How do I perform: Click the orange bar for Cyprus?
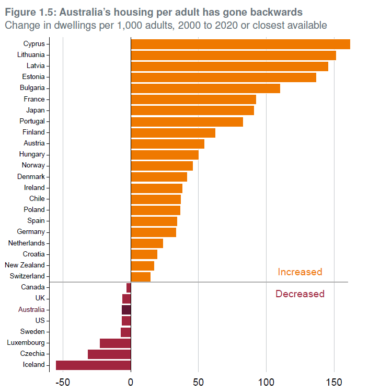click(x=240, y=44)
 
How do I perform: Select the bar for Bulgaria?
click(x=205, y=88)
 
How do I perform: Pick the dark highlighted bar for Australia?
click(x=126, y=309)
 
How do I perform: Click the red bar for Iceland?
click(x=93, y=365)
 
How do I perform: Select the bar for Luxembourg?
click(x=115, y=343)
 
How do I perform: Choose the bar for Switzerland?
click(x=140, y=276)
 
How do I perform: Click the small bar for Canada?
click(x=129, y=287)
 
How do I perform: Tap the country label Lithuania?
click(x=30, y=54)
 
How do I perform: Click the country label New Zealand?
click(x=25, y=265)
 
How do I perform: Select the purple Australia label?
click(x=31, y=309)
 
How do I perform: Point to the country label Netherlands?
click(x=26, y=243)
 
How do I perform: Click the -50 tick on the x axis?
click(x=63, y=382)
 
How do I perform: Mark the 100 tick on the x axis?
click(x=266, y=382)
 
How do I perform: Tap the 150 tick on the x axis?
click(x=334, y=382)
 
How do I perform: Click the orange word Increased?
click(x=299, y=272)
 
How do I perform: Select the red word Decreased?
click(x=299, y=294)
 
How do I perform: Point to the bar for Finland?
click(x=172, y=132)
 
